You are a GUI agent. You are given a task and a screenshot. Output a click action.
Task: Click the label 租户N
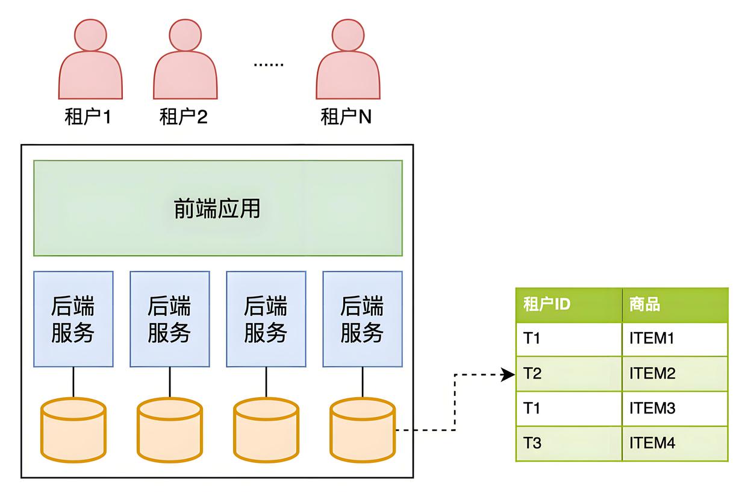[346, 116]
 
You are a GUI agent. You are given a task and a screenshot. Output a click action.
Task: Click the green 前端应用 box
[217, 209]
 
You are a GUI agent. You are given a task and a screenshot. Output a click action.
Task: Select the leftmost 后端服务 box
[73, 319]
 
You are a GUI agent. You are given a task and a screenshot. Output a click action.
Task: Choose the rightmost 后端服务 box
[362, 319]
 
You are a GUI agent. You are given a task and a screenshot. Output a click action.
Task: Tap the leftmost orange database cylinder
[73, 429]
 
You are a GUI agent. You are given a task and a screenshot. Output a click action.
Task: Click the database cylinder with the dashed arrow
[362, 429]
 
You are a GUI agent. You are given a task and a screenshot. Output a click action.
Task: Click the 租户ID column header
[568, 304]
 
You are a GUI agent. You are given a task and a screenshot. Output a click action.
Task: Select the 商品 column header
[675, 304]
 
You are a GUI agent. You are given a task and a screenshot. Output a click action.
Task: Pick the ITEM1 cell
[675, 339]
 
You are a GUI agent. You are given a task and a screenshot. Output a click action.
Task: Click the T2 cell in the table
[568, 374]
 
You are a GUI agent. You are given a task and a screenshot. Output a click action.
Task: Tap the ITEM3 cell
[675, 409]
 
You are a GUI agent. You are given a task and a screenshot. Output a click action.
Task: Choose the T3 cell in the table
[568, 444]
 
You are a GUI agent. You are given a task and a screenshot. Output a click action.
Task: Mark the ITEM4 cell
[675, 444]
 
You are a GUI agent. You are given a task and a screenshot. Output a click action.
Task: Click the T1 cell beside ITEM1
[568, 339]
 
